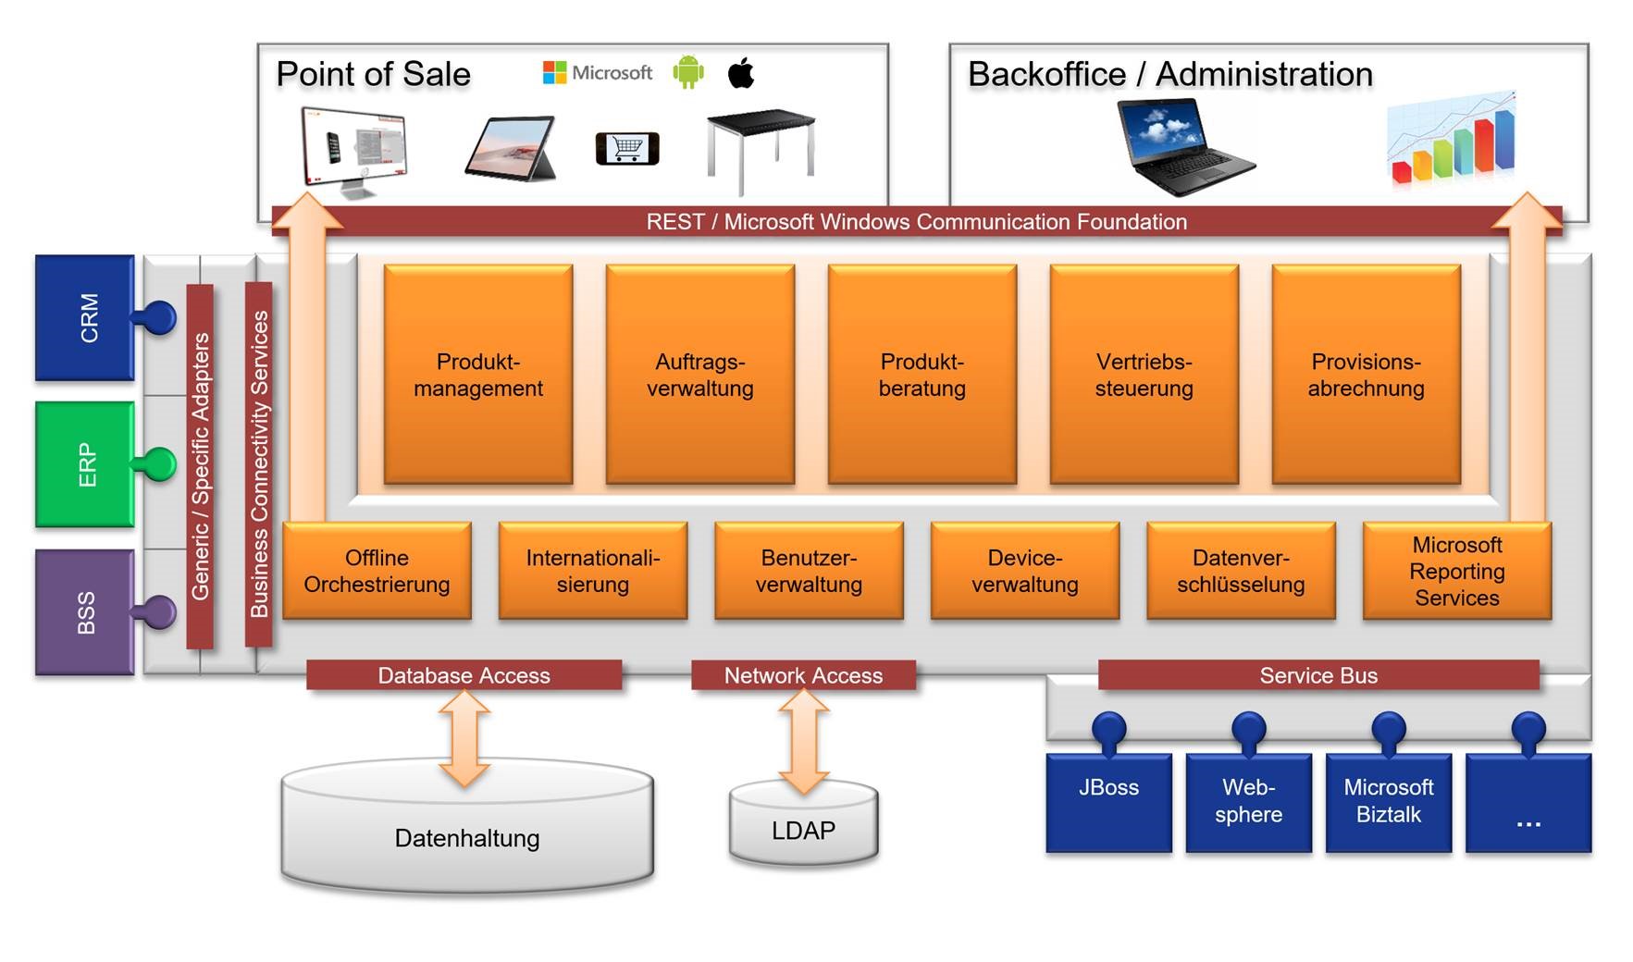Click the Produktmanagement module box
pos(477,374)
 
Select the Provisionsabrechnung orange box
pos(1366,374)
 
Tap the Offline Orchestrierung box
pos(377,571)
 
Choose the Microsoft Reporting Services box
pos(1456,571)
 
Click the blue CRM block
pos(85,317)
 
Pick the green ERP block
pos(85,463)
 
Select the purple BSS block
pos(85,611)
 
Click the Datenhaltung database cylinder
pos(467,837)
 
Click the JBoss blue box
pos(1108,801)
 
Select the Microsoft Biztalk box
pos(1388,801)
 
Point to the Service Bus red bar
pos(1318,675)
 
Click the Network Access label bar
pos(803,675)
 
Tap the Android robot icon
pos(687,72)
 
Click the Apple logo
pos(741,72)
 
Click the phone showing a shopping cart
pos(627,148)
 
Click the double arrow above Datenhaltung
pos(464,737)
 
